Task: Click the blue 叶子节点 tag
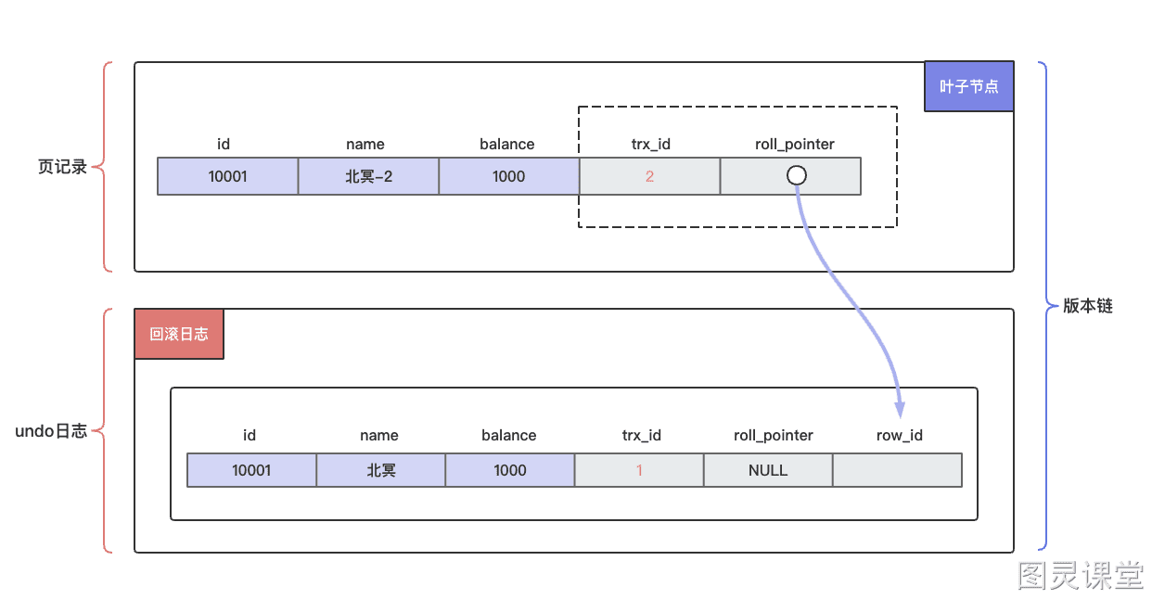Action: pos(969,86)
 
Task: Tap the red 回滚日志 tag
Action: pos(179,334)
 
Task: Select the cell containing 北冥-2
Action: pos(368,176)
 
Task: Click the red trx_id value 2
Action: pos(649,176)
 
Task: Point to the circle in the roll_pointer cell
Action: pos(796,175)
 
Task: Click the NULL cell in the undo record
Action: pos(768,470)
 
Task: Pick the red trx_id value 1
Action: pos(639,470)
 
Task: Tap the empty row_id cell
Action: pos(898,470)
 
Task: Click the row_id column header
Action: pos(899,436)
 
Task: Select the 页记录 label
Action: pos(62,167)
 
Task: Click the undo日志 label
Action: pos(51,431)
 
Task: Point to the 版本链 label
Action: pos(1088,306)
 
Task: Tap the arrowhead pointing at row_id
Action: pos(900,410)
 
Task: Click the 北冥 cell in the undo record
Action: pos(380,470)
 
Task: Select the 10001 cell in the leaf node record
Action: pos(227,176)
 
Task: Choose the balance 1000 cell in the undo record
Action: pos(509,470)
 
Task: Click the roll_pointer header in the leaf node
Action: pos(795,145)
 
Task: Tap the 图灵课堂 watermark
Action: pos(1080,575)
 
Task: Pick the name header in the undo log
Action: pos(379,436)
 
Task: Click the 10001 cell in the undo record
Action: pos(251,470)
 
